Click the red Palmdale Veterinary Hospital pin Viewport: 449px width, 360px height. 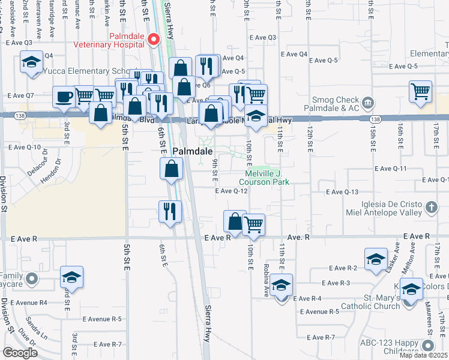(x=153, y=39)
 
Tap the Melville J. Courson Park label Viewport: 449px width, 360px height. (x=264, y=177)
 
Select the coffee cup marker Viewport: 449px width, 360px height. (x=63, y=96)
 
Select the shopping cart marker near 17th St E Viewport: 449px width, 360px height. (x=420, y=92)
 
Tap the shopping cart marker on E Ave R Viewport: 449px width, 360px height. (x=253, y=224)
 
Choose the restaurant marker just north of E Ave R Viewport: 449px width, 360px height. (x=169, y=211)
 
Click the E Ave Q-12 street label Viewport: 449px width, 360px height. (x=232, y=191)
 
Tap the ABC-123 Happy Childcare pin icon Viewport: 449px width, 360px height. (x=427, y=345)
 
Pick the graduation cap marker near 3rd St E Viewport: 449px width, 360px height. (x=71, y=277)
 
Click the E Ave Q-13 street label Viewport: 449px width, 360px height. (x=342, y=192)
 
